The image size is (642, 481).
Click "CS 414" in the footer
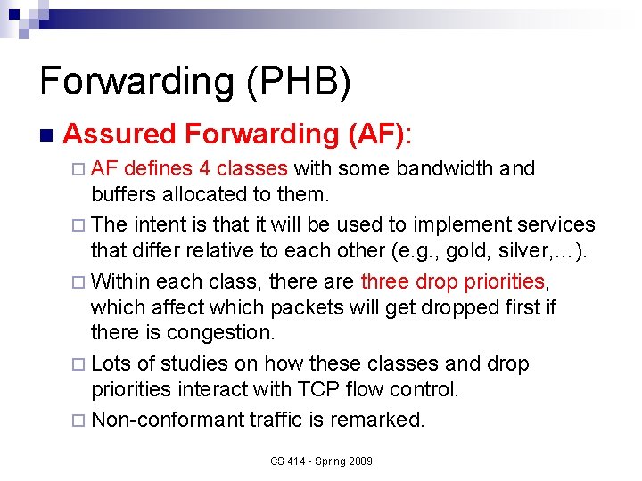[286, 461]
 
